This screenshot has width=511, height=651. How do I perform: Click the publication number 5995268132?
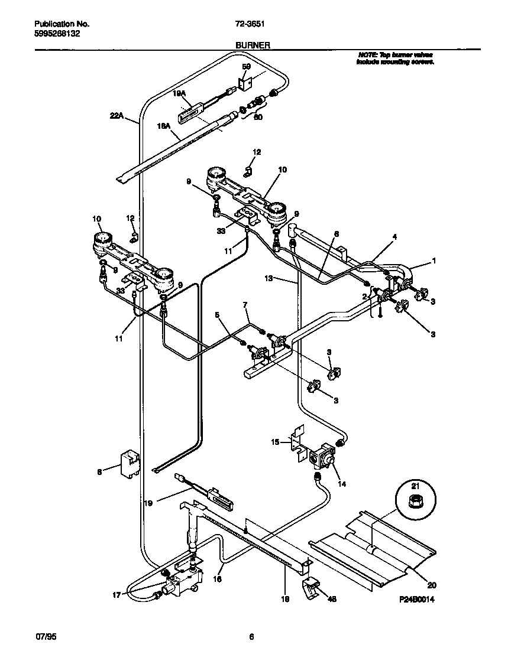tap(57, 34)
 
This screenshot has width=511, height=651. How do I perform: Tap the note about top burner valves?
tap(395, 57)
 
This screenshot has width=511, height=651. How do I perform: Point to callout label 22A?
tap(117, 116)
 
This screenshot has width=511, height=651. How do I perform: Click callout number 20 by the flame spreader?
tap(431, 585)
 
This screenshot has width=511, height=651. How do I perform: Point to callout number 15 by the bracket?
tap(274, 441)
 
